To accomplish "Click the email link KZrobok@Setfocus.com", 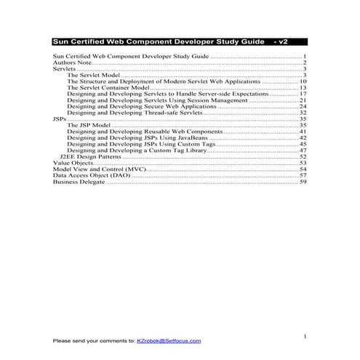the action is (169, 340).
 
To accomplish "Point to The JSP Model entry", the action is (87, 125).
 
